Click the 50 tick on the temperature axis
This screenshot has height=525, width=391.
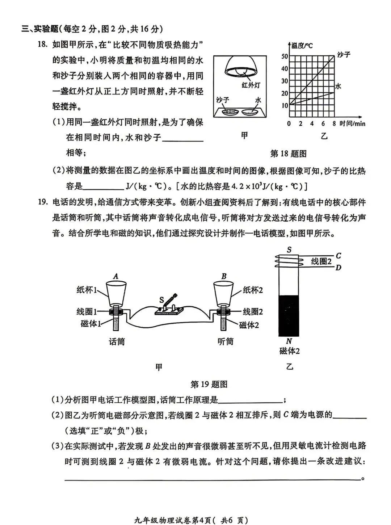(x=285, y=56)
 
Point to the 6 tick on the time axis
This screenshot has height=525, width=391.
(x=323, y=123)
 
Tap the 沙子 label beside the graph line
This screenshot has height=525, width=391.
(x=343, y=55)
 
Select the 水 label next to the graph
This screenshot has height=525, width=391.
(x=338, y=86)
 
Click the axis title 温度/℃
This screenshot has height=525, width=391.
(x=302, y=45)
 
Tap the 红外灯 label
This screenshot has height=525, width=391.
(x=251, y=85)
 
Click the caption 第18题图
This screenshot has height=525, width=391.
(x=288, y=154)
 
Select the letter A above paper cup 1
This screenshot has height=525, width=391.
(x=115, y=276)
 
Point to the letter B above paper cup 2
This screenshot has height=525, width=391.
(x=224, y=276)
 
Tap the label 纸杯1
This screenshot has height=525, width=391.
(x=87, y=290)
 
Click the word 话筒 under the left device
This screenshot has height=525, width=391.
(x=117, y=341)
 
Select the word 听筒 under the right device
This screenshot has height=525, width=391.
(x=226, y=341)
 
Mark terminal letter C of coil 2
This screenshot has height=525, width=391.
(x=338, y=256)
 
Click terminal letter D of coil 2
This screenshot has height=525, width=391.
(x=338, y=268)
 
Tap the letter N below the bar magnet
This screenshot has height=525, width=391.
(x=289, y=341)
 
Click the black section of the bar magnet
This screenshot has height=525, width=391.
(x=289, y=315)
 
